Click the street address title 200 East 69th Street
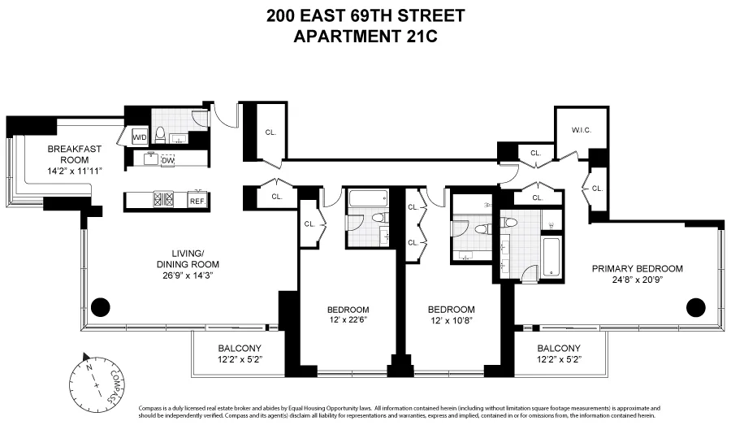pyautogui.click(x=365, y=15)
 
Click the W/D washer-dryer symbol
pyautogui.click(x=140, y=137)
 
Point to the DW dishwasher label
pyautogui.click(x=168, y=161)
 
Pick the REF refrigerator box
pyautogui.click(x=197, y=201)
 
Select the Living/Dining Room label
pyautogui.click(x=188, y=258)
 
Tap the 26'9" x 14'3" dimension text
pyautogui.click(x=188, y=275)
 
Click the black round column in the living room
pyautogui.click(x=100, y=307)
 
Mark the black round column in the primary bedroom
pyautogui.click(x=695, y=307)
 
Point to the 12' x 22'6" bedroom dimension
pyautogui.click(x=348, y=319)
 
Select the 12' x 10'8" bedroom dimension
pyautogui.click(x=451, y=319)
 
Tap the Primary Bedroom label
pyautogui.click(x=637, y=268)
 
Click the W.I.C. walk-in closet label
pyautogui.click(x=580, y=128)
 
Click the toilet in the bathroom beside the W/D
pyautogui.click(x=161, y=133)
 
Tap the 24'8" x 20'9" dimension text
pyautogui.click(x=637, y=280)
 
